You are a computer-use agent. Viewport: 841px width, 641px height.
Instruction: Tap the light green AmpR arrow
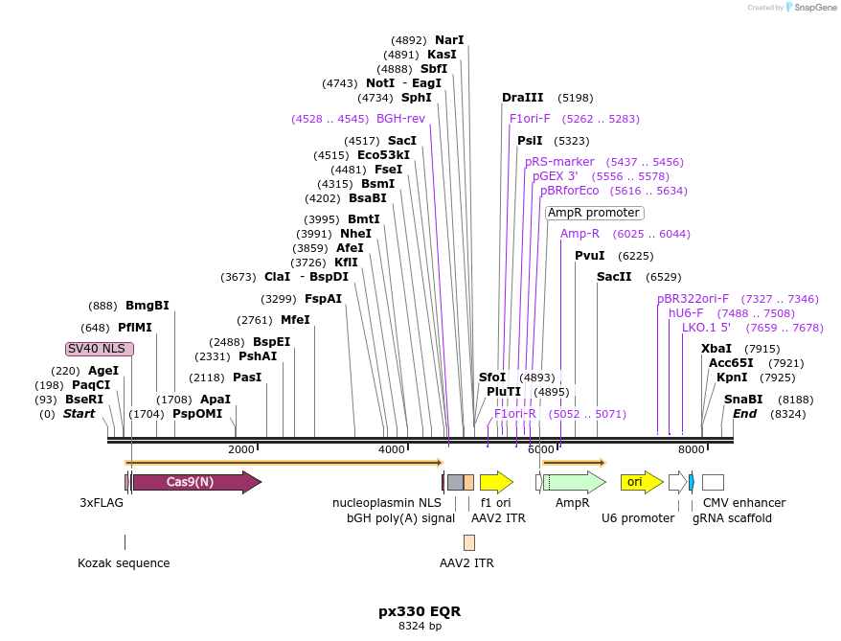pos(574,482)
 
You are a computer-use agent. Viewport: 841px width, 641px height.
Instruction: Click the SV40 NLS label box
pos(100,349)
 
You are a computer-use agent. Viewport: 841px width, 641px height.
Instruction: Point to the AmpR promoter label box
pos(594,213)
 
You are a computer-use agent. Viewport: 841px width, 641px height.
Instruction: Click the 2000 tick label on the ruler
pos(241,449)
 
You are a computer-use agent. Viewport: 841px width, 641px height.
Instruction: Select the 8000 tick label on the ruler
pos(691,449)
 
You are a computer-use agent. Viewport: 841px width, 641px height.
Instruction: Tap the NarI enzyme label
pos(449,40)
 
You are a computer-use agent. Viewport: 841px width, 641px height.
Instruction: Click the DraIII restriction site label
pos(522,98)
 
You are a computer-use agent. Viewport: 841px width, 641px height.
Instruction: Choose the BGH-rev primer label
pos(400,119)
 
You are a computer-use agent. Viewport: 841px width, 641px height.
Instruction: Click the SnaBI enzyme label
pos(743,400)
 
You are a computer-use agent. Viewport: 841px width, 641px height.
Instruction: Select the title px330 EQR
pos(420,610)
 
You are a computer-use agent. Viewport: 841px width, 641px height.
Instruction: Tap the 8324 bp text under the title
pos(420,626)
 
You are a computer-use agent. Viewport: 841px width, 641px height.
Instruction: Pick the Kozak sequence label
pos(124,562)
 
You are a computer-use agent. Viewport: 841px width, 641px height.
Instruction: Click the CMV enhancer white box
pos(713,482)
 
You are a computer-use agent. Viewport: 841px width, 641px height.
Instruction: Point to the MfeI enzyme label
pos(295,320)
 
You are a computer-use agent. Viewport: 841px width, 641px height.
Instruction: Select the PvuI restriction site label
pos(590,256)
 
